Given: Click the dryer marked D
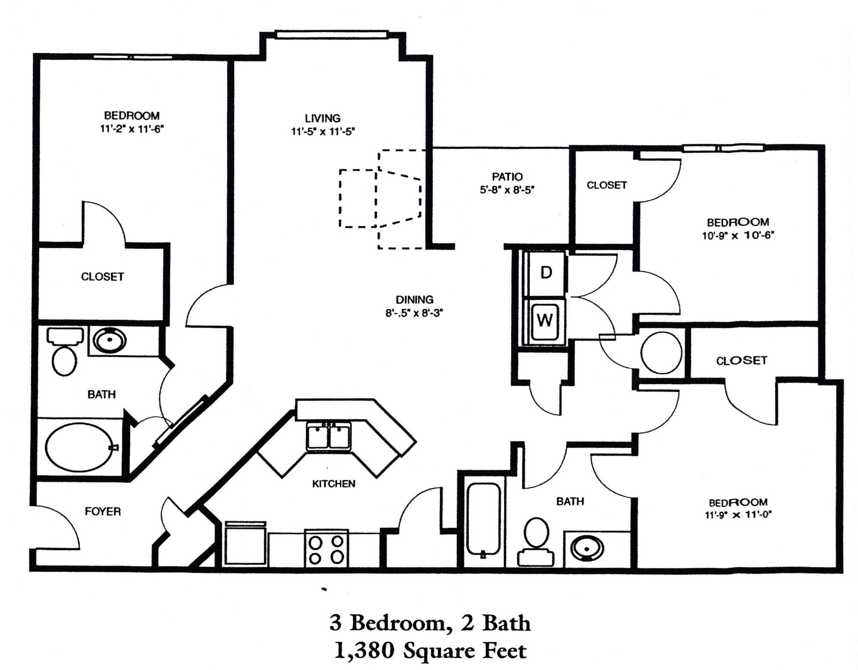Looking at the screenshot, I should click(546, 273).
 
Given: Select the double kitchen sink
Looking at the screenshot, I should click(329, 436).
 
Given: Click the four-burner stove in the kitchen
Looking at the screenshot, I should click(326, 550).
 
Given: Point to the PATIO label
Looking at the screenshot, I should click(507, 176).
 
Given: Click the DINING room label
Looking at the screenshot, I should click(414, 300).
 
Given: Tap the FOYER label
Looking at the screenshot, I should click(103, 512).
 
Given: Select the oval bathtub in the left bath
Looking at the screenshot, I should click(79, 447).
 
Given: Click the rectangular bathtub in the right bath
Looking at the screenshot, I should click(483, 520).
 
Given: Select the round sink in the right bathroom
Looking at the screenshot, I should click(587, 549).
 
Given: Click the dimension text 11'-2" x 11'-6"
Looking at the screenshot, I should click(132, 129).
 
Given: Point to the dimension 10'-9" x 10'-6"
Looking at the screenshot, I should click(737, 236).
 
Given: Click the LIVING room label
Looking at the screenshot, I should click(323, 118).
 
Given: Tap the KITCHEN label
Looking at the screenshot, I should click(333, 484).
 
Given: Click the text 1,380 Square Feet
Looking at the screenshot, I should click(430, 651).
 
